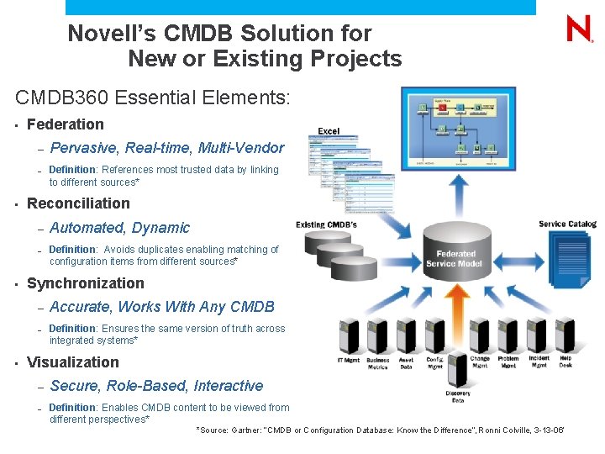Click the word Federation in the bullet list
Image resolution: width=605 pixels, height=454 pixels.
point(66,124)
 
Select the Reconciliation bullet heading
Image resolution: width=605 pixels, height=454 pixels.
point(78,203)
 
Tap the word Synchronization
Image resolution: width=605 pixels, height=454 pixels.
point(86,283)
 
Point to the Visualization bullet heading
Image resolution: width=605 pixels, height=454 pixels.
point(73,362)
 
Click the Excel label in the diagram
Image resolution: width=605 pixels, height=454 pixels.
point(329,131)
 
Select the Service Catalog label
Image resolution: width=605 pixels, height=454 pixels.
point(567,224)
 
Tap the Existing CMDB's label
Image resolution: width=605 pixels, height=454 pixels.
point(326,224)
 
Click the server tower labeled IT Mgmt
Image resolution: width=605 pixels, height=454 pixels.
point(348,336)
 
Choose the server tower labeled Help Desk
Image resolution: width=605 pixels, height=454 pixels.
point(566,336)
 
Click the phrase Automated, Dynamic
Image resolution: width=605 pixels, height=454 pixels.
point(119,228)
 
